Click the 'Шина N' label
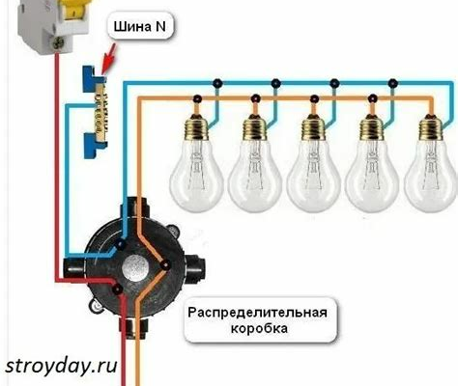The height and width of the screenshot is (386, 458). pos(140,26)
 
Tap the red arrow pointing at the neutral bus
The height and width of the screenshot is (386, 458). pos(108,60)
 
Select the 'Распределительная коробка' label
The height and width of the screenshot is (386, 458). pos(257,320)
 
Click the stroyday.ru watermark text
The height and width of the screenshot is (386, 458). pos(61,366)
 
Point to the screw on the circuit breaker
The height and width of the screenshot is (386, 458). pos(58,42)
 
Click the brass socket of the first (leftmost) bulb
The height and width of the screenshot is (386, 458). pos(195,126)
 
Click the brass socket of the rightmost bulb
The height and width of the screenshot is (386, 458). pos(431,126)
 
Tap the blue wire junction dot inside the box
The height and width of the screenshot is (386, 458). pos(121,245)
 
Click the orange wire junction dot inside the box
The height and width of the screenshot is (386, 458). pos(165,265)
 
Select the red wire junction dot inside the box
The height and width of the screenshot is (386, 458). pos(118,289)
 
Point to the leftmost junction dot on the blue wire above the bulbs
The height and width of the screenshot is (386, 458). pos(217,84)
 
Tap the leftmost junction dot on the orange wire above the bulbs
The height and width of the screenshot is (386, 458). pos(197,98)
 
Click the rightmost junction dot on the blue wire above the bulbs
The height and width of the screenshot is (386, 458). pos(393,84)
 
